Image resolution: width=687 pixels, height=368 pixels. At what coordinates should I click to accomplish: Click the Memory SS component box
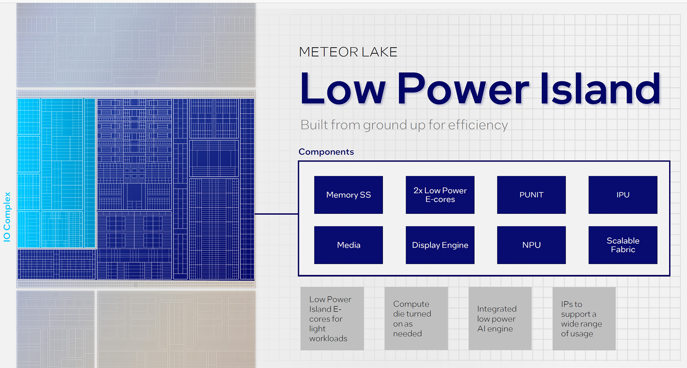tap(349, 195)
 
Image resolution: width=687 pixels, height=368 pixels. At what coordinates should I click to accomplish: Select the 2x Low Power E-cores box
tap(440, 195)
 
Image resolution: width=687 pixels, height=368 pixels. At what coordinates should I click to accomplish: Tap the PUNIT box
tap(531, 195)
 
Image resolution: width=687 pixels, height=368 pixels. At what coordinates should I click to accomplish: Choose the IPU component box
tap(623, 195)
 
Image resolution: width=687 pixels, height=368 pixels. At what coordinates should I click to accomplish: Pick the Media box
tap(349, 245)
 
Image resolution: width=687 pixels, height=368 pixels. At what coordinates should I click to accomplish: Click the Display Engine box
tap(440, 245)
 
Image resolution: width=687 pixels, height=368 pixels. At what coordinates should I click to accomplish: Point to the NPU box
tap(531, 245)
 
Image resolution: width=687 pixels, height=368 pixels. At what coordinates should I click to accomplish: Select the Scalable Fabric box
tap(623, 245)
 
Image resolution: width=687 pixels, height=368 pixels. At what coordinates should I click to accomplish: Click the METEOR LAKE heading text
tap(348, 52)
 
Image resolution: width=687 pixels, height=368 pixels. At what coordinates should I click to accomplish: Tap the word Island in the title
tap(600, 88)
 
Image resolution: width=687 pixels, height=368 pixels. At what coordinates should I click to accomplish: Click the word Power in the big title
tap(463, 88)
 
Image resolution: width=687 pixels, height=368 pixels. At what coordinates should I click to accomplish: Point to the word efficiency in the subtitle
tap(478, 125)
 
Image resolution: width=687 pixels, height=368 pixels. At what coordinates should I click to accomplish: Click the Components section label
tap(326, 152)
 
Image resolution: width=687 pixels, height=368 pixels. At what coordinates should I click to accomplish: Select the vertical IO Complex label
tap(7, 217)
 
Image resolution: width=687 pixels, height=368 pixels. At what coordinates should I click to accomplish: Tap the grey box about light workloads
tap(332, 319)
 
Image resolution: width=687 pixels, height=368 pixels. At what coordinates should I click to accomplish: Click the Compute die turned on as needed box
tap(416, 319)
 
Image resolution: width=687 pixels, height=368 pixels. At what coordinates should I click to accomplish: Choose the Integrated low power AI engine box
tap(500, 319)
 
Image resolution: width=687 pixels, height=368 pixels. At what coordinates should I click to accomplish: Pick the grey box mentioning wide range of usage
tap(584, 319)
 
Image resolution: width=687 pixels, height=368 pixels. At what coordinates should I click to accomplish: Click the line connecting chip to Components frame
tap(276, 214)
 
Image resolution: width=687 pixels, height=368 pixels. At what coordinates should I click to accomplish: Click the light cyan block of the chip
tap(57, 173)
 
